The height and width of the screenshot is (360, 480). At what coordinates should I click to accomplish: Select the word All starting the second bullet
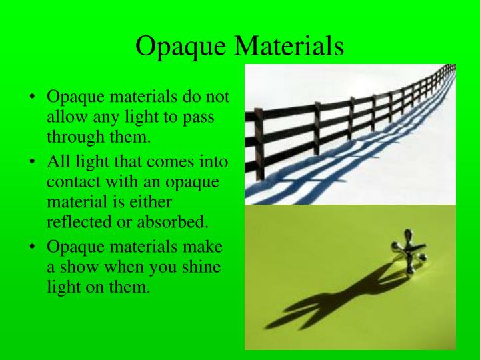click(x=56, y=161)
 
